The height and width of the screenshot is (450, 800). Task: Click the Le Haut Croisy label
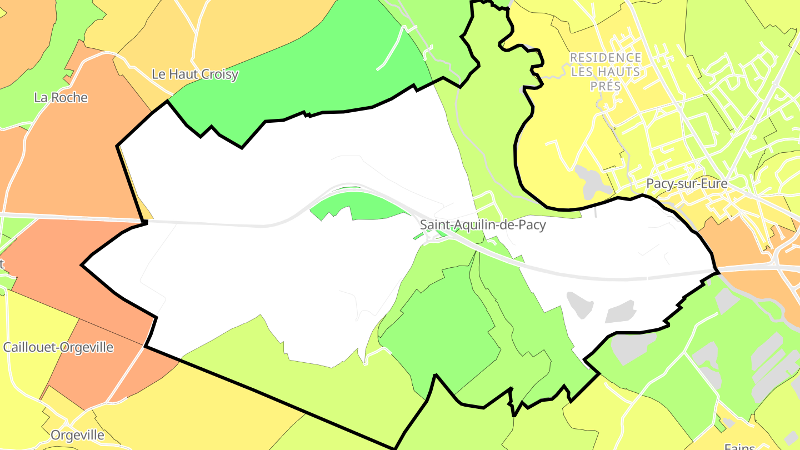pos(195,74)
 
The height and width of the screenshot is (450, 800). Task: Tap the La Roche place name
pos(61,98)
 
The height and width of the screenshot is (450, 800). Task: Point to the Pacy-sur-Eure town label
pos(687,184)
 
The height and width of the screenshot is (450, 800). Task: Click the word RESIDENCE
pos(606,58)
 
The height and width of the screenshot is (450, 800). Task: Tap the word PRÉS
pos(606,86)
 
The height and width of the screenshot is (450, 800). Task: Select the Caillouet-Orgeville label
pos(58,348)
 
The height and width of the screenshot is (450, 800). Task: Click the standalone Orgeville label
pos(77,435)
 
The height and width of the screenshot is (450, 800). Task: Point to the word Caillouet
pos(27,348)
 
